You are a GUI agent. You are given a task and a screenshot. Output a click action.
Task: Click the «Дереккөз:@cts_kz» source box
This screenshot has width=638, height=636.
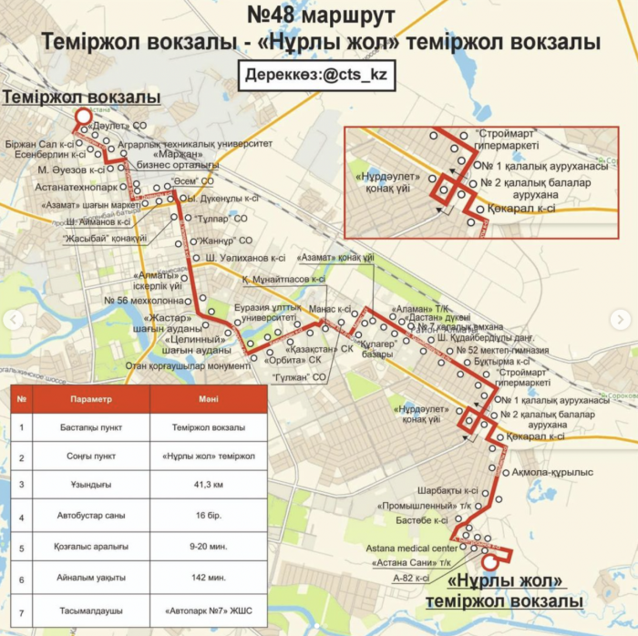click(x=319, y=77)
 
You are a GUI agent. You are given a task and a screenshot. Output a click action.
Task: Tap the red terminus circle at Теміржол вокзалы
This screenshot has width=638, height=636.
click(x=82, y=117)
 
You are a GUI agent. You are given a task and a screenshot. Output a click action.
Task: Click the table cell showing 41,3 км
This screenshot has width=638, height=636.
click(x=209, y=486)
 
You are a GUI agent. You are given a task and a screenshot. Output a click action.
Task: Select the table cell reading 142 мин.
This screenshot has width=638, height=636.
click(x=209, y=578)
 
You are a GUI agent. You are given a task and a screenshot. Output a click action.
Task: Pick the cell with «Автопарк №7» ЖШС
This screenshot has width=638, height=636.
click(x=209, y=610)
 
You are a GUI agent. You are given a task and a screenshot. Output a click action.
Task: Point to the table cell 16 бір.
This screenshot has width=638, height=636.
click(x=209, y=517)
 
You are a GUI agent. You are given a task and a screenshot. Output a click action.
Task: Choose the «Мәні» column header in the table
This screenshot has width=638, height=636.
click(x=209, y=399)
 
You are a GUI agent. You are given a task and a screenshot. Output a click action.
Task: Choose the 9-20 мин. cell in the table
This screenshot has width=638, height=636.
click(x=209, y=547)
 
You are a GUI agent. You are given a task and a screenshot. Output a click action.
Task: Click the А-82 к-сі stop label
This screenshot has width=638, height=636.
click(x=411, y=578)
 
